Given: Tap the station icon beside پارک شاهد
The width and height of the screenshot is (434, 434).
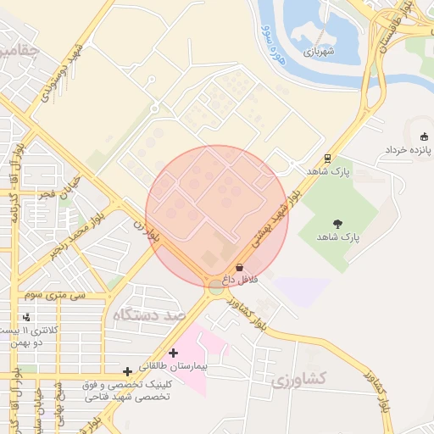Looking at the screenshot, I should tap(327, 159).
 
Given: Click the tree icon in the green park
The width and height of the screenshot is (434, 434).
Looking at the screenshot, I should tap(338, 224).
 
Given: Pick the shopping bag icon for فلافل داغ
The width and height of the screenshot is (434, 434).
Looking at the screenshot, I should tap(239, 267).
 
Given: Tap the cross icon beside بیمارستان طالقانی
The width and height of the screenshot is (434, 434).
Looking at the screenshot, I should tap(174, 352).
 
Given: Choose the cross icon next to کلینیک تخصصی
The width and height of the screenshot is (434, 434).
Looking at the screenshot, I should tap(127, 370).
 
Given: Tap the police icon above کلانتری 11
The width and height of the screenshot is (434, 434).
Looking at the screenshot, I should tap(39, 317).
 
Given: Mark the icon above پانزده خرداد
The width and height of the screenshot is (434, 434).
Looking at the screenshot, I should tap(424, 136).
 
